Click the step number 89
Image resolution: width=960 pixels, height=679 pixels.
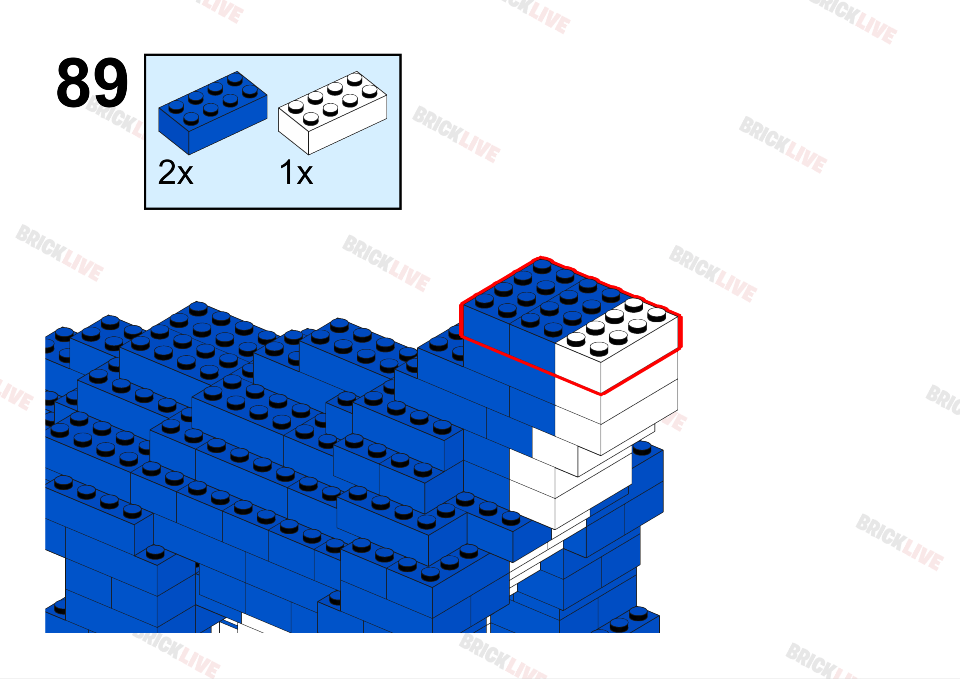92,83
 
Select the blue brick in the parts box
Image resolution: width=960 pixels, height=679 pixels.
213,113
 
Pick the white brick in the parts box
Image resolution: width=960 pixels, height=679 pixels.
332,113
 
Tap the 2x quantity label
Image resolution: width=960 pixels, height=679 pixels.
175,173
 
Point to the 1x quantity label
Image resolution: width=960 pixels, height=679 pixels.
296,173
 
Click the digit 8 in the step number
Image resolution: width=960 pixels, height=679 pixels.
74,83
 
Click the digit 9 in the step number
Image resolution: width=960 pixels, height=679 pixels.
111,83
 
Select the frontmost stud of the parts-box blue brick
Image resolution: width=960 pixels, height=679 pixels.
191,118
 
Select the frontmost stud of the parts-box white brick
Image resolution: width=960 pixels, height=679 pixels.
311,118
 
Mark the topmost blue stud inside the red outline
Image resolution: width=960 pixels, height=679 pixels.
542,265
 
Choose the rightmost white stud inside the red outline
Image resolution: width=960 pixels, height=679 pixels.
657,314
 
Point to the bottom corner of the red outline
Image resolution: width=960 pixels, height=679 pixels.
602,394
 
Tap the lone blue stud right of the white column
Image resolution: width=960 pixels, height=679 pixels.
642,448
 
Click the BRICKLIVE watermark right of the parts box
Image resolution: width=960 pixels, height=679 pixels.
457,134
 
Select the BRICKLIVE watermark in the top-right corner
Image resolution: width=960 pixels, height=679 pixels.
854,18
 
